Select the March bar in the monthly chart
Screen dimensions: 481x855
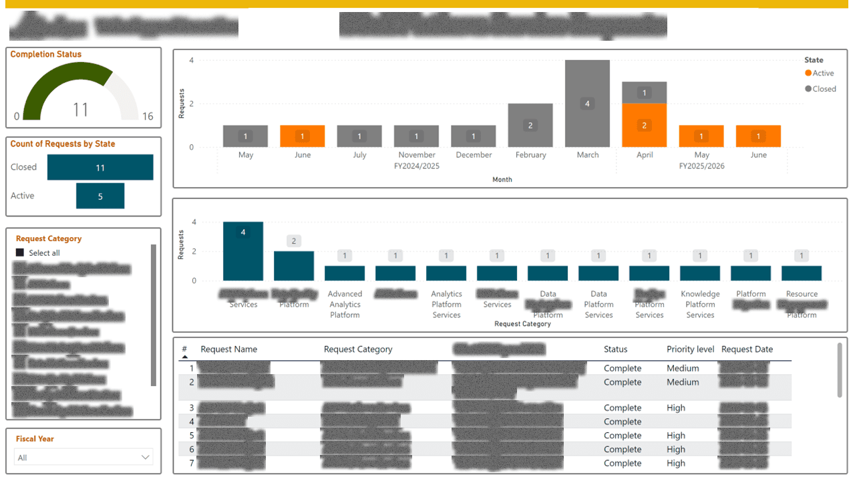587,104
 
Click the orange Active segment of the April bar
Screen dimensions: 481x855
644,126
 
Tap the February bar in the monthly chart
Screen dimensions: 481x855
530,126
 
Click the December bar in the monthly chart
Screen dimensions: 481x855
473,136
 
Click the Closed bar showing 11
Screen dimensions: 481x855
100,168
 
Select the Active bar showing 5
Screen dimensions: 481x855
100,196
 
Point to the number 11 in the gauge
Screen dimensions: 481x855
80,110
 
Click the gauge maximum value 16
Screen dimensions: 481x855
148,117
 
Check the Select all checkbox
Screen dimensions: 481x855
20,253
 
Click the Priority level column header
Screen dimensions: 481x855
690,349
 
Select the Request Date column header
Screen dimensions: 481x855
747,349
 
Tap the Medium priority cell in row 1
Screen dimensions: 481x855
683,368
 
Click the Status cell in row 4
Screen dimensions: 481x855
623,422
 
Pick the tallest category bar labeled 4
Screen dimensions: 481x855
243,251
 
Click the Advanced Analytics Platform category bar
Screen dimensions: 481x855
345,273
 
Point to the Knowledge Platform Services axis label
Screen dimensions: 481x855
700,304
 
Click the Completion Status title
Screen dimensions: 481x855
46,55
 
